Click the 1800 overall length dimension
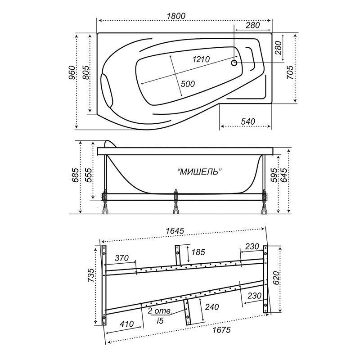coord(176,16)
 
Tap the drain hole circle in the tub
coord(234,63)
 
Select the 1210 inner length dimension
coord(201,59)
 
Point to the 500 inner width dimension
coord(188,84)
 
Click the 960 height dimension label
coord(72,72)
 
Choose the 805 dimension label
coord(85,72)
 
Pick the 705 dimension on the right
coord(290,72)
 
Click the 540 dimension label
coord(248,121)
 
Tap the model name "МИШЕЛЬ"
coord(200,171)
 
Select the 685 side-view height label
coord(76,175)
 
